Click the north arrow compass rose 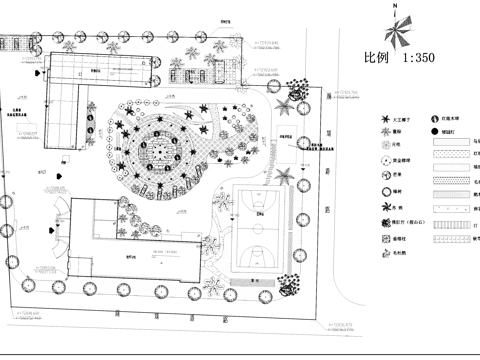[x=397, y=30]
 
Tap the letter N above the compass [x=397, y=6]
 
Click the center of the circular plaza [x=157, y=151]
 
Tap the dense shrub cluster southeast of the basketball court [x=289, y=286]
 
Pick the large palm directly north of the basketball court [x=284, y=177]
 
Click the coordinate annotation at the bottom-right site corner [x=340, y=326]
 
